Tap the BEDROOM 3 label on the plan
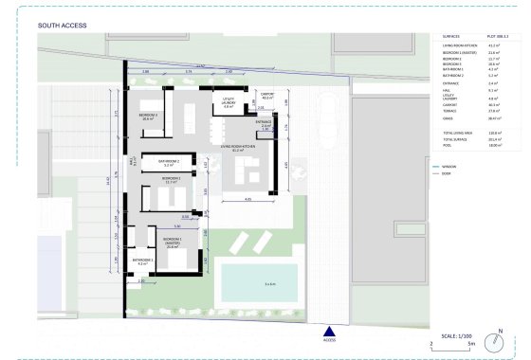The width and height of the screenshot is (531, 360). click(149, 117)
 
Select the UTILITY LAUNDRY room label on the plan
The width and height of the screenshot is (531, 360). click(229, 104)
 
